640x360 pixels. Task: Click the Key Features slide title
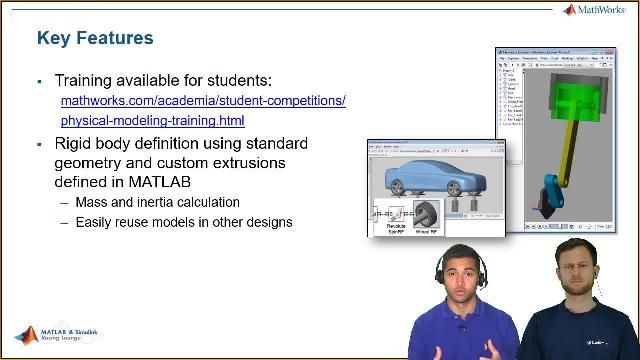tap(95, 38)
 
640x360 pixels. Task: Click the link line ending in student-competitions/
tap(203, 101)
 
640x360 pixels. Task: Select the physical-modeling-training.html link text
tap(152, 121)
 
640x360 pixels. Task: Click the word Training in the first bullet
tap(86, 80)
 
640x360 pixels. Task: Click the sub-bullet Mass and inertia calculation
tap(157, 203)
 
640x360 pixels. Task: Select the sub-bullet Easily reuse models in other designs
tap(184, 222)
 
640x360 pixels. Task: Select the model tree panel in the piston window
tap(515, 100)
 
